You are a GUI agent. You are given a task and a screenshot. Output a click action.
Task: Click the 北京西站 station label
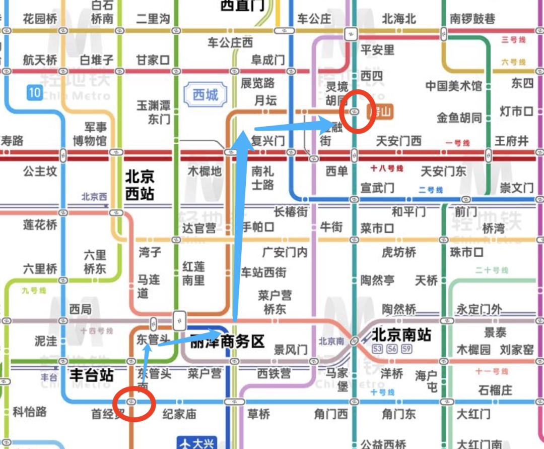click(140, 185)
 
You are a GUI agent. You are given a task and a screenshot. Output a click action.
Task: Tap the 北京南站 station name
click(401, 334)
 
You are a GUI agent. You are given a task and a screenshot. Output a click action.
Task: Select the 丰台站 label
click(91, 375)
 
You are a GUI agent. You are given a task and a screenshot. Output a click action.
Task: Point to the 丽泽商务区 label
click(228, 342)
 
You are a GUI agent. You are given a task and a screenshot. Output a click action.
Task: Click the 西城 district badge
click(206, 94)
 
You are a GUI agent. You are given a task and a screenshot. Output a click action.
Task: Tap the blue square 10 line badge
click(34, 92)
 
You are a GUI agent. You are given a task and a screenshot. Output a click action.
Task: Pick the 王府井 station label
click(511, 141)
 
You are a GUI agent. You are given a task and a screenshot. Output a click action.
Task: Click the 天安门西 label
click(398, 141)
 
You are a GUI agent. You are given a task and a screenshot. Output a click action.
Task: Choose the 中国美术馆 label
click(453, 86)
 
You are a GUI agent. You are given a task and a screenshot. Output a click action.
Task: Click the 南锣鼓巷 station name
click(472, 19)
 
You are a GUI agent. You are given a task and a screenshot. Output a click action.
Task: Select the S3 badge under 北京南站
click(377, 349)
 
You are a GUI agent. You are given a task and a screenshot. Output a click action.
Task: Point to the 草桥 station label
click(258, 414)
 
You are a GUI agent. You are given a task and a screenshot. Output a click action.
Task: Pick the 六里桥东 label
click(95, 262)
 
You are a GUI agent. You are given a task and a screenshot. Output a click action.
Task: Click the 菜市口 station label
click(377, 229)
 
